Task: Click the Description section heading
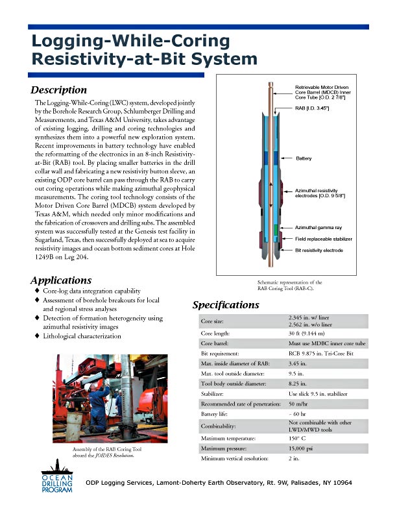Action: pos(59,90)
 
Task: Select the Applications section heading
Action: pos(61,280)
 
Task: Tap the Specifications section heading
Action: pos(226,304)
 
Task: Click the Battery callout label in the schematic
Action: pos(304,158)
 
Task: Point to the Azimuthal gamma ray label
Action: pos(319,229)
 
